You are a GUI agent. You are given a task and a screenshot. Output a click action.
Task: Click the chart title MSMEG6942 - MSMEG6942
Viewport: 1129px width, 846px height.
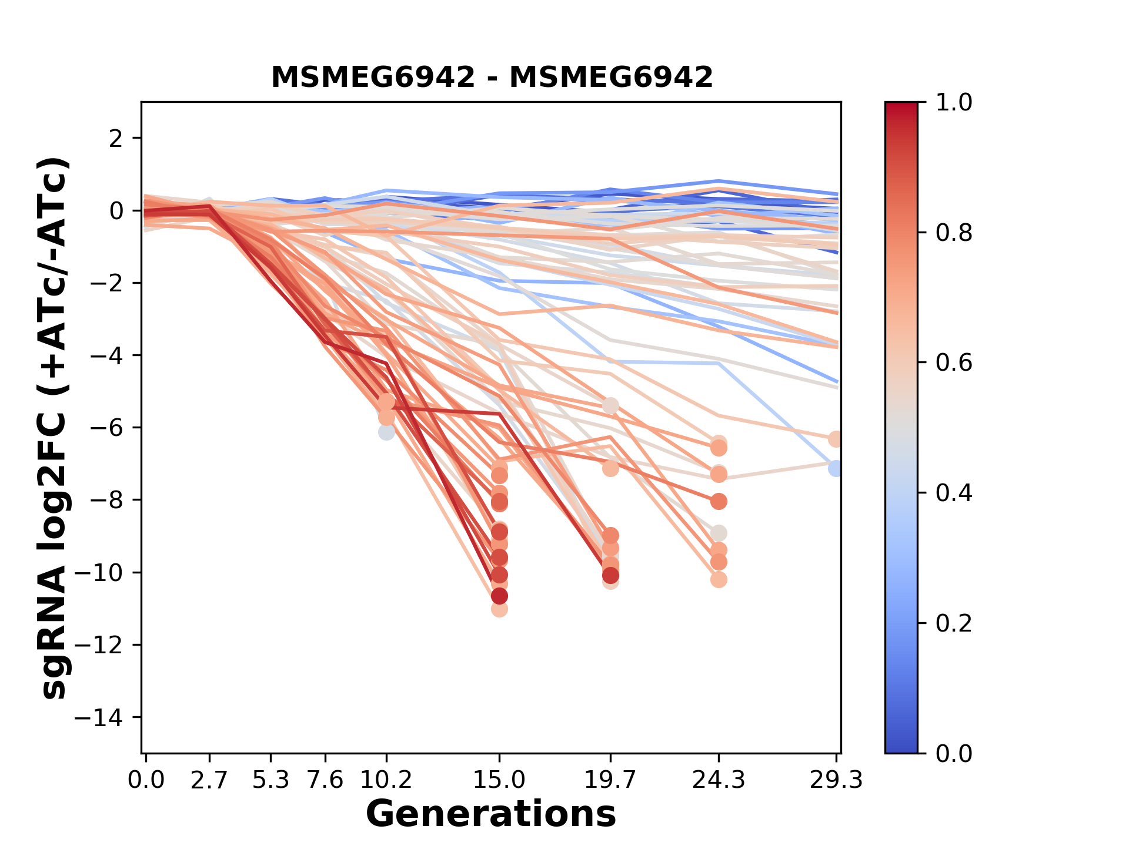[x=492, y=78]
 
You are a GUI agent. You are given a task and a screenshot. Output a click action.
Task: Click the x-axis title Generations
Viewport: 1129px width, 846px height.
[x=491, y=814]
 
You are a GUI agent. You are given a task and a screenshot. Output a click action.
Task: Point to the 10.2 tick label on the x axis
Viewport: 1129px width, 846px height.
[x=386, y=780]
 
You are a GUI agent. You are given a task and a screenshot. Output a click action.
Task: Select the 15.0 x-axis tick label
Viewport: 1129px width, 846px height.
[x=499, y=780]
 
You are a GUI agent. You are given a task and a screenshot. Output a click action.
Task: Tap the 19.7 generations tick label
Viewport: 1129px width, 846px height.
[x=610, y=780]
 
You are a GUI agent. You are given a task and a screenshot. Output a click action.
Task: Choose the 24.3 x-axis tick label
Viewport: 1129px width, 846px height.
[x=718, y=780]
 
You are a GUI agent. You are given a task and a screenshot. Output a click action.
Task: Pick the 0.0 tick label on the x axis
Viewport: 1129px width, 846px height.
[x=146, y=780]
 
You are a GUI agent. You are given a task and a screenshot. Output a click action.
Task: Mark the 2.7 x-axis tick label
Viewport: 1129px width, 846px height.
[x=209, y=780]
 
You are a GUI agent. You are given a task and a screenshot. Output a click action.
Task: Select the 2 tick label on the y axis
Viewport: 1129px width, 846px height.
[x=116, y=139]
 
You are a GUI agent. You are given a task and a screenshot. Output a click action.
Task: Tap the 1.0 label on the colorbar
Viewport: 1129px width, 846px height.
[x=954, y=103]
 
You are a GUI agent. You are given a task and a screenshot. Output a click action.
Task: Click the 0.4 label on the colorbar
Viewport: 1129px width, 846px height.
[x=954, y=493]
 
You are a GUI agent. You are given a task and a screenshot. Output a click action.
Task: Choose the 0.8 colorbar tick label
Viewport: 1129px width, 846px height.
[x=954, y=233]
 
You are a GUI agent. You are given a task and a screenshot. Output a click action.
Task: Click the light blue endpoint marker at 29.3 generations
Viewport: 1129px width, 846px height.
[x=836, y=468]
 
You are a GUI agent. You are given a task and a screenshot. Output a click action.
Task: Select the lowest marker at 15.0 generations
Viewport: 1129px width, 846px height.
[x=499, y=609]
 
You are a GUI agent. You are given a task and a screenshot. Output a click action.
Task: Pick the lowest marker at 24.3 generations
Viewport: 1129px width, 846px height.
[x=719, y=579]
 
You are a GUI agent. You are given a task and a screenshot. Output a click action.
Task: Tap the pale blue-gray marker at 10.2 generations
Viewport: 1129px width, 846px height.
[x=386, y=432]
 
